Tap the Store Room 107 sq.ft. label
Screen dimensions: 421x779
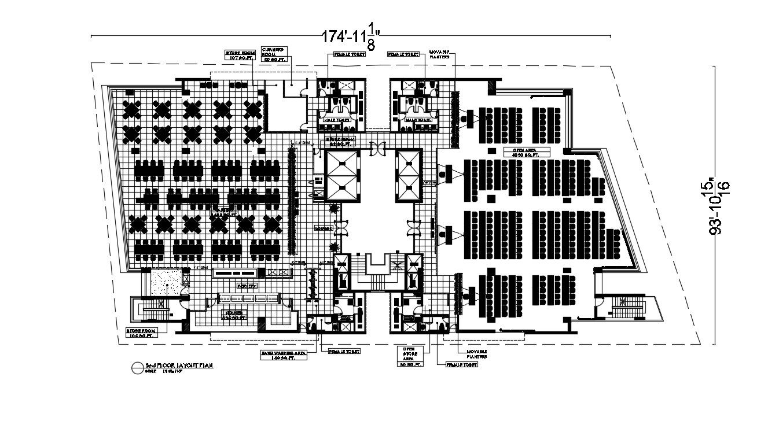coord(238,56)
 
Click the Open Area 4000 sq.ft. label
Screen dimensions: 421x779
coord(525,153)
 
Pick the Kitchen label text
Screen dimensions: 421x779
coord(234,315)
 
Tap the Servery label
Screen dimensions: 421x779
coord(244,286)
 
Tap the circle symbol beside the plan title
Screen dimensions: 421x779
coord(137,367)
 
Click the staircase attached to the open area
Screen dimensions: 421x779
coord(626,309)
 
